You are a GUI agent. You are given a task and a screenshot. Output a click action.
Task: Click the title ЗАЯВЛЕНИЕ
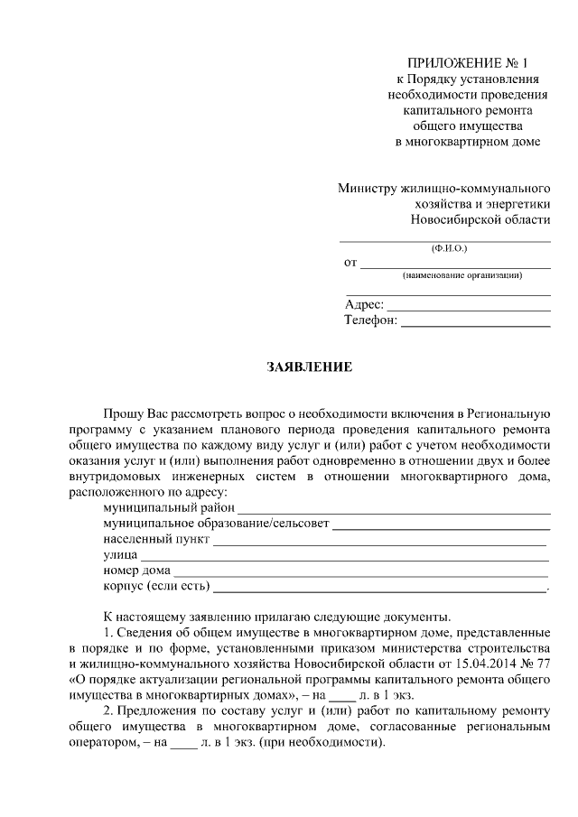[x=309, y=367]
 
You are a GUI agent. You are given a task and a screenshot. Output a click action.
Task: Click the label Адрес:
[x=364, y=304]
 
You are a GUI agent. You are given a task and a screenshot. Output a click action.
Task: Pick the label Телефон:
[x=370, y=320]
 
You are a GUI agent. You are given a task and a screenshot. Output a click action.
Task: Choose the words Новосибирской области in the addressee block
[x=480, y=219]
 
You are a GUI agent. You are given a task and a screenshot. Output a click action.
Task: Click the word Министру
[x=368, y=189]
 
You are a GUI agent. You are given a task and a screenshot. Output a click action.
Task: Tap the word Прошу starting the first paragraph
[x=122, y=412]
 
